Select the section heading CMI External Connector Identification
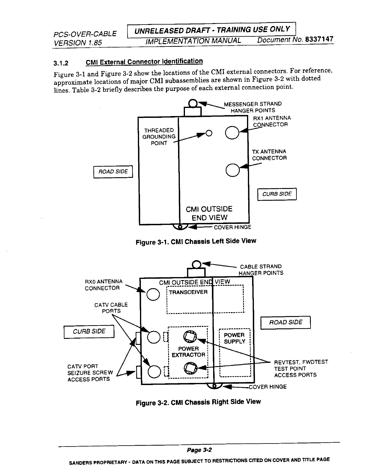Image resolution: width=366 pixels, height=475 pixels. click(x=144, y=62)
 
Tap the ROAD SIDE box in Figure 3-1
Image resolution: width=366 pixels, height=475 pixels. click(x=113, y=172)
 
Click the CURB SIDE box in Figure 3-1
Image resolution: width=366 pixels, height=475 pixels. click(x=277, y=194)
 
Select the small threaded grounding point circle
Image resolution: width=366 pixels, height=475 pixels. click(x=209, y=133)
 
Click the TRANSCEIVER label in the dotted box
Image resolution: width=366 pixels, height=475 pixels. click(x=188, y=292)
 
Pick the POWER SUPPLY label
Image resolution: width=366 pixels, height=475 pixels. click(x=234, y=338)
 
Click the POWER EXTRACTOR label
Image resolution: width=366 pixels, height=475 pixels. click(x=188, y=352)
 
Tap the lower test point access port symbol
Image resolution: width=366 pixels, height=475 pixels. click(x=190, y=368)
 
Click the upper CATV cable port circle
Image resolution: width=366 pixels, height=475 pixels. click(x=153, y=336)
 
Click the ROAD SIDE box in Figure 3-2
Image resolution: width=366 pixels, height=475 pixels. click(x=286, y=322)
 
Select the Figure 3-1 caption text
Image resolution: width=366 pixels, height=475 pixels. click(x=196, y=241)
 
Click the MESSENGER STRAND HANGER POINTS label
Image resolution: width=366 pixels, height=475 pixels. click(x=253, y=107)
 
